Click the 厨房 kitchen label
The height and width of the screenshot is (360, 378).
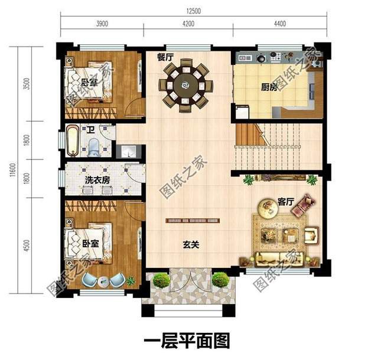(269, 88)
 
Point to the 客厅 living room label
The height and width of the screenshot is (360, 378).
(286, 202)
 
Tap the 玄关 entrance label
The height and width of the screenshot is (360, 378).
(189, 244)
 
